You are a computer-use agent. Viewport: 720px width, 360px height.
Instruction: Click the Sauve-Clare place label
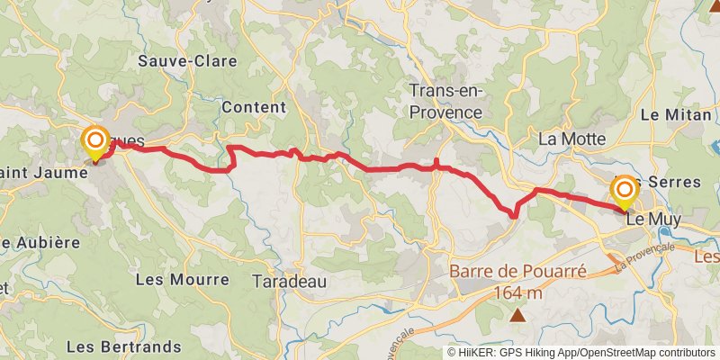tap(187, 61)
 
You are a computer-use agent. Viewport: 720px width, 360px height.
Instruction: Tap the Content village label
tap(253, 106)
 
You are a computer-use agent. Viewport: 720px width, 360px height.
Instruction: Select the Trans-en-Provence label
tap(445, 101)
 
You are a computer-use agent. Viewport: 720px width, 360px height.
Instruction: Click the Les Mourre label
tap(182, 279)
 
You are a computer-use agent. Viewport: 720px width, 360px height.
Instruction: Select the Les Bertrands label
tap(124, 346)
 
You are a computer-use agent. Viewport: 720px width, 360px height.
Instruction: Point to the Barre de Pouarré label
tap(517, 271)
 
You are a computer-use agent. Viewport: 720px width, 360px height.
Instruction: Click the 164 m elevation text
tap(517, 292)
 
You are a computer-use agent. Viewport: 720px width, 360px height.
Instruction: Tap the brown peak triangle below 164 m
tap(518, 315)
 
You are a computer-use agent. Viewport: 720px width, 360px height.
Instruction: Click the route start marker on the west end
tap(95, 141)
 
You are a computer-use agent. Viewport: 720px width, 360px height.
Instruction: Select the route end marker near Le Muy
tap(624, 191)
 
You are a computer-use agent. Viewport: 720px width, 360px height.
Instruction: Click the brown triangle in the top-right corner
tap(714, 5)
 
